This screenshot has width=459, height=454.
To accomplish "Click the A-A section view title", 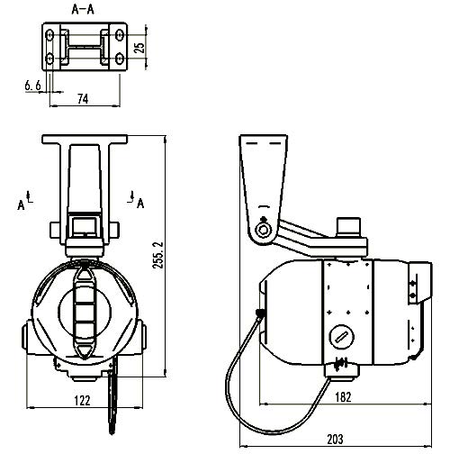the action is [83, 9].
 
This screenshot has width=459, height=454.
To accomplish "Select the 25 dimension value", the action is [139, 48].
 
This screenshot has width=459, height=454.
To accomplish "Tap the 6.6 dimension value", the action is [32, 86].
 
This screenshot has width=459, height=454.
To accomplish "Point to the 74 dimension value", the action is [83, 98].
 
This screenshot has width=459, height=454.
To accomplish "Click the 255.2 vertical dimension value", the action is [158, 255].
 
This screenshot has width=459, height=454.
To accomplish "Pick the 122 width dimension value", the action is [82, 400].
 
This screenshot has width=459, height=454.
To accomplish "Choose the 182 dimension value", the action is [343, 397].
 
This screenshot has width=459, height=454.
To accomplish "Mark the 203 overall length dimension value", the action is [335, 440].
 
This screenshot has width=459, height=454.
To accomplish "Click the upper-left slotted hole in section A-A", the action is [49, 35].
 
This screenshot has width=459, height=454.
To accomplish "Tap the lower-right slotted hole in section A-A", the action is [120, 59].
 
